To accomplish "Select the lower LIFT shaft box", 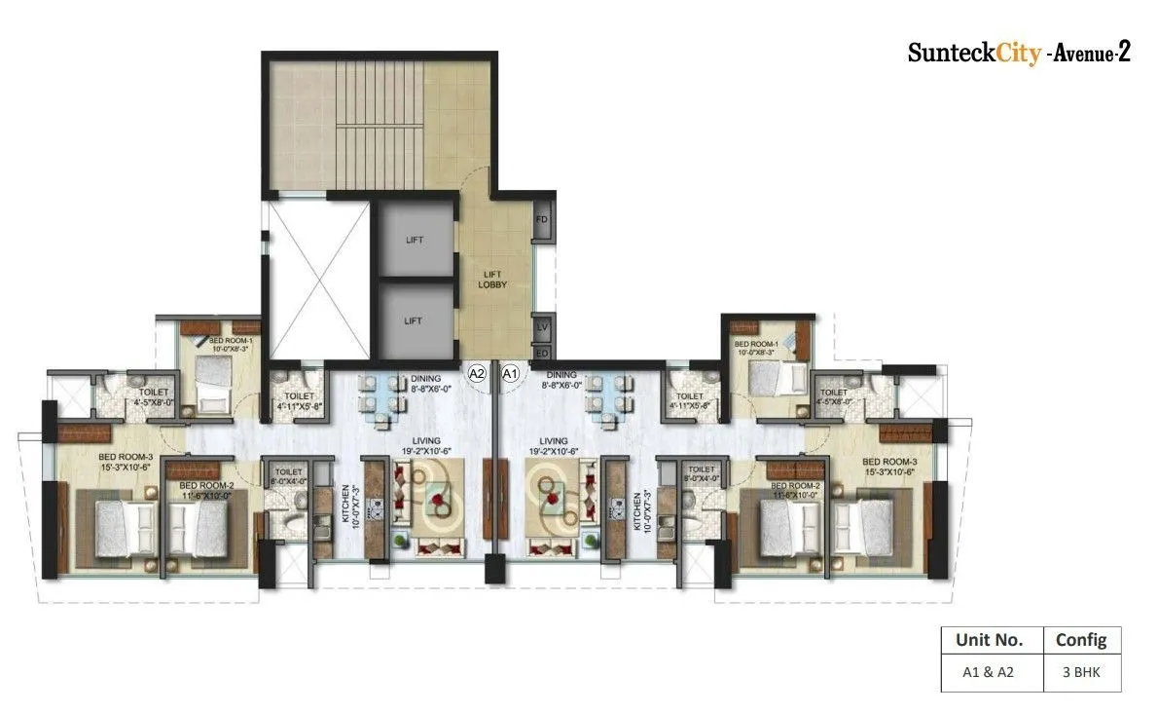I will click(415, 319).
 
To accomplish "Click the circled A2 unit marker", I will click(478, 372).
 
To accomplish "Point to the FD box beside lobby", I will click(542, 220).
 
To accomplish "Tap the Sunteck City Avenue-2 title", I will click(1018, 53).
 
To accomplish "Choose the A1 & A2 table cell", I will click(989, 672).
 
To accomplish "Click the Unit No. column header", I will click(989, 640).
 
